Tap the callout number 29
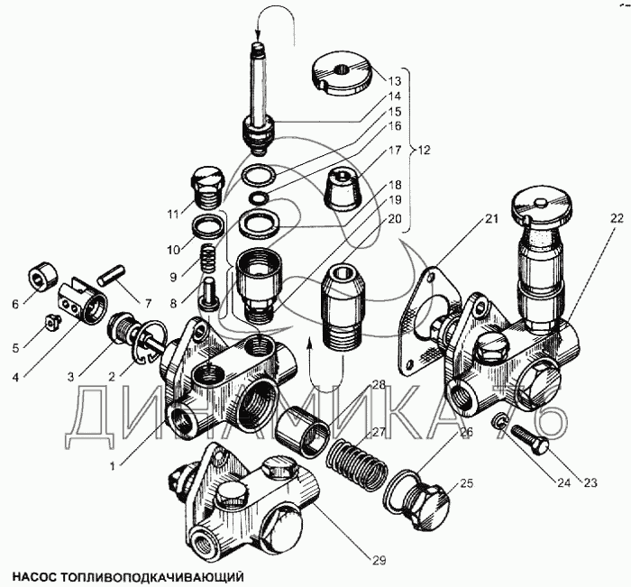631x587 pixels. click(x=380, y=559)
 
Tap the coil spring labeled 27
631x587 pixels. click(x=349, y=449)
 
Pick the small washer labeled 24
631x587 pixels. click(x=498, y=421)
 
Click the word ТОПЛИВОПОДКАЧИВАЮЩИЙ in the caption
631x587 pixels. click(x=154, y=573)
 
